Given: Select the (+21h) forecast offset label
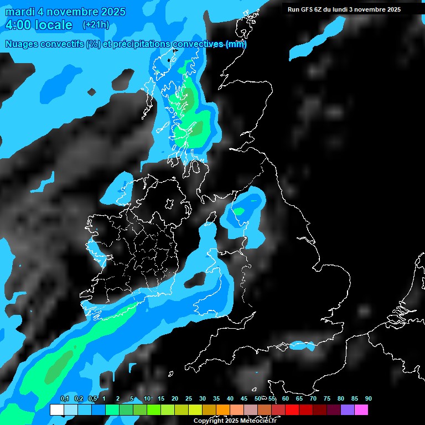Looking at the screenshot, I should click(x=96, y=25).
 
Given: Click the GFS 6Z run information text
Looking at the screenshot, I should click(x=344, y=9).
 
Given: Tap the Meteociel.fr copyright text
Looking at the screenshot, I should click(x=235, y=421).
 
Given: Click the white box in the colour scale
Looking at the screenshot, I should click(x=56, y=410).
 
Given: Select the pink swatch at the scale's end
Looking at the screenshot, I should click(x=361, y=410).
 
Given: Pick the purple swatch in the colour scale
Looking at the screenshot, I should click(x=347, y=410).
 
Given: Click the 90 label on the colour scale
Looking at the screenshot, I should click(x=368, y=398).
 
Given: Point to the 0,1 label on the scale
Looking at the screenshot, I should click(x=64, y=398).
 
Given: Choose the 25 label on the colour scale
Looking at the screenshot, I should click(x=189, y=398).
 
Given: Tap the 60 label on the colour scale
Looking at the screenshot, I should click(x=285, y=398).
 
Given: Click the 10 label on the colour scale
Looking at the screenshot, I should click(x=147, y=398).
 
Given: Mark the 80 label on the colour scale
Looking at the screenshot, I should click(x=340, y=398).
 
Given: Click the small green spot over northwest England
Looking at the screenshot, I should click(x=239, y=211).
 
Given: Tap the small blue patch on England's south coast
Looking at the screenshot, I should click(x=298, y=346).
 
